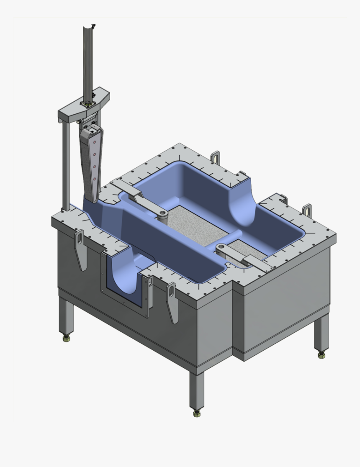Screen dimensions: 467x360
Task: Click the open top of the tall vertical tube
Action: (x=89, y=27)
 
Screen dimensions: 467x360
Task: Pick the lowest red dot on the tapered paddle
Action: (x=94, y=179)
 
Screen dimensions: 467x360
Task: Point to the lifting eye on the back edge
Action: (x=216, y=157)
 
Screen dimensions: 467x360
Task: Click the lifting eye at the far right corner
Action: (x=308, y=210)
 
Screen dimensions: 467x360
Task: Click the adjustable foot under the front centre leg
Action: (x=196, y=413)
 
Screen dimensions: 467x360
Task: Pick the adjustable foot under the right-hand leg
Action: (x=321, y=354)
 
